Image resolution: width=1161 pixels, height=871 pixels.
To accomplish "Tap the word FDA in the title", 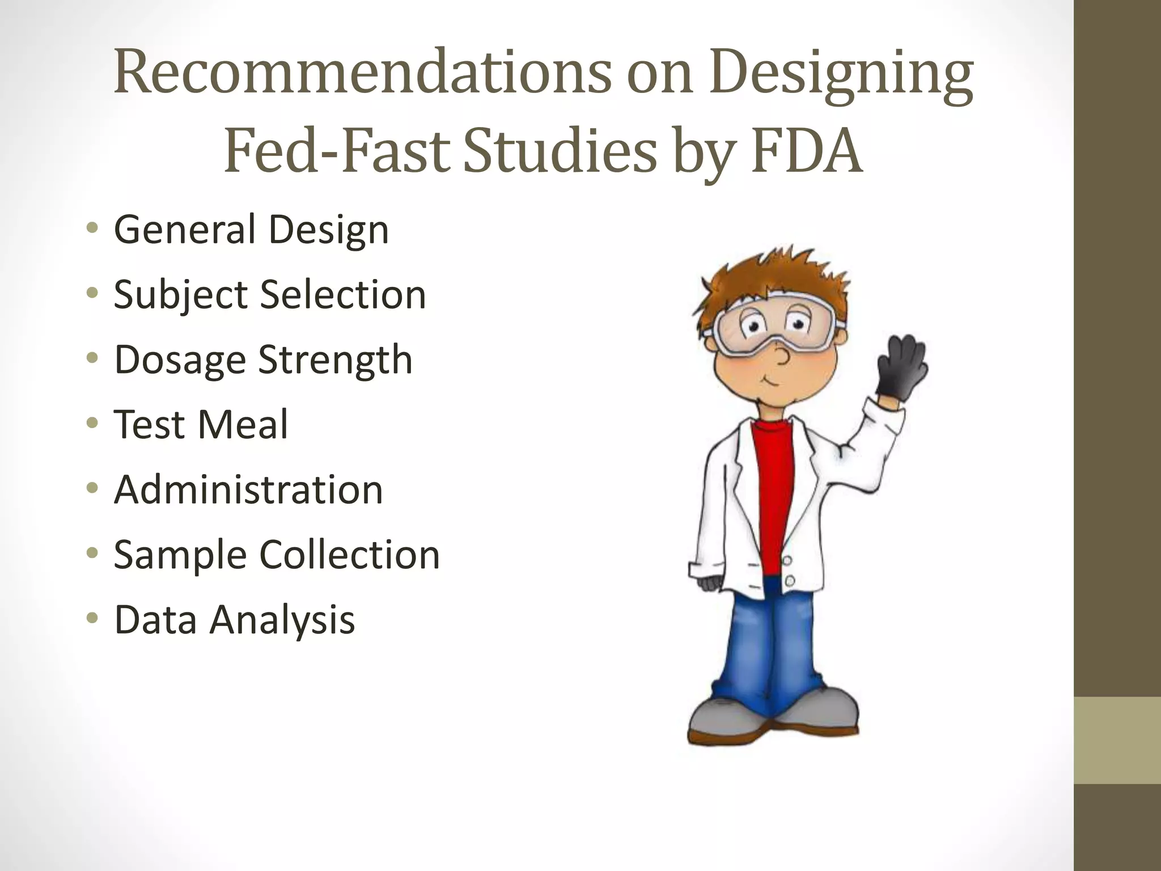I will (x=807, y=152).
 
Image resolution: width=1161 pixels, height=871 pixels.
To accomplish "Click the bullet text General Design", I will (x=251, y=230).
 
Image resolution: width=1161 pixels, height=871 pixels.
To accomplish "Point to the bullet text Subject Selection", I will (x=270, y=295).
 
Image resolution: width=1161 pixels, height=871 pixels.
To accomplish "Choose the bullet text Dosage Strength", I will (x=263, y=360).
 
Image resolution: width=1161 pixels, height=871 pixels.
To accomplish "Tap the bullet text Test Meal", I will (x=201, y=425).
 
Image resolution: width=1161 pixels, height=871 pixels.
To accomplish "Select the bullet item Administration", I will (x=248, y=490).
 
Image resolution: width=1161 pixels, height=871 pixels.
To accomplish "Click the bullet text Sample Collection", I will (x=277, y=555).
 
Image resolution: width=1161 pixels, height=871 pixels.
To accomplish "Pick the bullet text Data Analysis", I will (x=234, y=620).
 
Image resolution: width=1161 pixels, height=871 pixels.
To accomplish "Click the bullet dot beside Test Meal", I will (x=92, y=424).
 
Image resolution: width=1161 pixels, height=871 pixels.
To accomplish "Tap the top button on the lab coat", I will (x=787, y=560).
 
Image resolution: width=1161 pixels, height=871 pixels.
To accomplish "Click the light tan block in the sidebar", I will (x=1117, y=740).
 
